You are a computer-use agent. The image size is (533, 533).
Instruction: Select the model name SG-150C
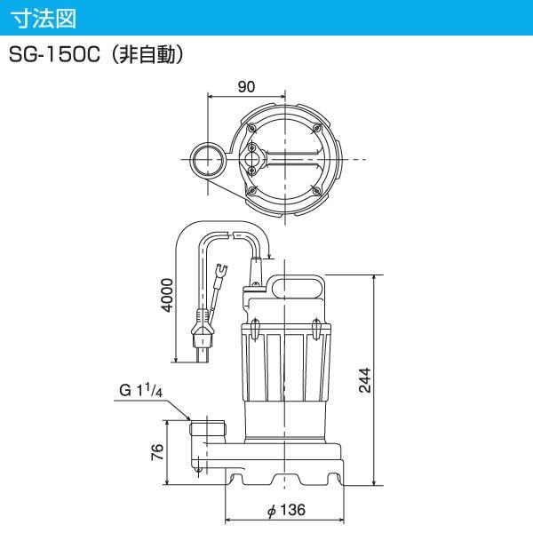click(57, 55)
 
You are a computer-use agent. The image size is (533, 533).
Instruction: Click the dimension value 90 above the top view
click(247, 86)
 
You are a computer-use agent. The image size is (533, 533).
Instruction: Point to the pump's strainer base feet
click(285, 475)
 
